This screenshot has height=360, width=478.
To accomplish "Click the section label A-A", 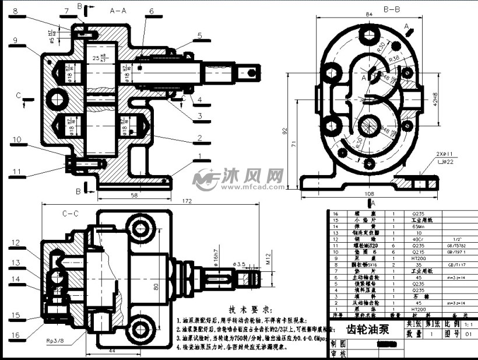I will click(118, 11).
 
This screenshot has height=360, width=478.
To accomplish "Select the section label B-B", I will click(391, 9).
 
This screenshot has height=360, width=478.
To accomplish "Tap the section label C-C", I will click(70, 214).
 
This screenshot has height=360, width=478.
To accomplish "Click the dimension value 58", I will click(135, 195).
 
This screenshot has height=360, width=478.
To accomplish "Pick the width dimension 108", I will click(368, 193).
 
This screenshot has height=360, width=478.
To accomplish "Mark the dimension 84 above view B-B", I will click(368, 14).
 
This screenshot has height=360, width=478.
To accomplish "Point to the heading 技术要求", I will click(249, 309).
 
